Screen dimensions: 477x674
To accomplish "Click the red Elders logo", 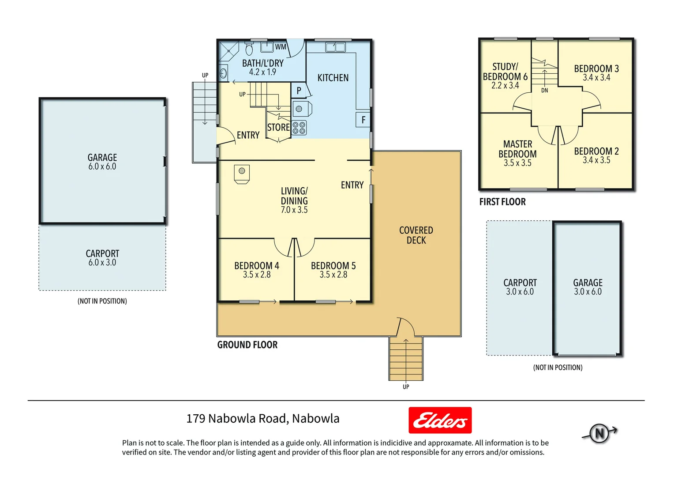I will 440,420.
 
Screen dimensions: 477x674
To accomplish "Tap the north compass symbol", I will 599,433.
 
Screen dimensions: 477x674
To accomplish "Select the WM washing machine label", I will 281,47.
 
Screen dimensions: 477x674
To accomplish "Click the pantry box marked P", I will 299,91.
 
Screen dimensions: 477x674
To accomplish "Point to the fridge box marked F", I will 363,120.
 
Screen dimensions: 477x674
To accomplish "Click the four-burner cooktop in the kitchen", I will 299,128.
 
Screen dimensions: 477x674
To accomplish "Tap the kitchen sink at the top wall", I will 335,47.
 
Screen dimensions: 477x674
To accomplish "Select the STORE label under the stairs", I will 278,128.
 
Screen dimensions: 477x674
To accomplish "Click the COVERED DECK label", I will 416,235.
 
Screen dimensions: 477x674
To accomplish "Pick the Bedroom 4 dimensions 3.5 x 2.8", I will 257,275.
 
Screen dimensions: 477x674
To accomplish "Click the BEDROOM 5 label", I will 333,265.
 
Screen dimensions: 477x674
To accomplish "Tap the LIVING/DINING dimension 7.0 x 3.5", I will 294,210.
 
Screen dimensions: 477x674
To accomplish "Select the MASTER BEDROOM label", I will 517,149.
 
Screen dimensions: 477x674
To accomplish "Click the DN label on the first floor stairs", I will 545,91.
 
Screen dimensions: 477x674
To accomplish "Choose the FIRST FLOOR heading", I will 502,202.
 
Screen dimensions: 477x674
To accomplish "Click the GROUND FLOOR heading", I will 247,345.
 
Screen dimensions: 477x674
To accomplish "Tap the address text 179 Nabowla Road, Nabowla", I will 263,418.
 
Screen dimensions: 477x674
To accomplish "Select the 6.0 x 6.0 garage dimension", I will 102,167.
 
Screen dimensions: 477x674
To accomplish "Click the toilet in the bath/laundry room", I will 249,49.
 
